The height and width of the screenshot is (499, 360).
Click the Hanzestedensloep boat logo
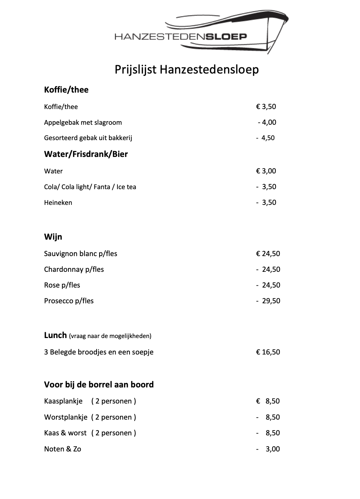click(201, 33)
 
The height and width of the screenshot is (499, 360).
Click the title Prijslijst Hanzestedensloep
click(187, 69)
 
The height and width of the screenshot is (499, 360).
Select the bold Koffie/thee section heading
click(66, 90)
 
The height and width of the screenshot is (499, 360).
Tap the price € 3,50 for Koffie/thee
click(266, 106)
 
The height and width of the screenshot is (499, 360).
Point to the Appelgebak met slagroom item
click(83, 122)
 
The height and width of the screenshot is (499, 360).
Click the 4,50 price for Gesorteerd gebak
click(267, 138)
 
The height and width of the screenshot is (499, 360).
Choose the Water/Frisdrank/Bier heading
click(86, 154)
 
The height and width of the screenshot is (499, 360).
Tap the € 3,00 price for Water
click(266, 171)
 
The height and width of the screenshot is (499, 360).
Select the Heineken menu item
click(58, 202)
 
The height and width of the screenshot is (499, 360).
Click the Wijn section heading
click(53, 237)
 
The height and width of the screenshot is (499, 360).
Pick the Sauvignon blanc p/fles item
click(80, 254)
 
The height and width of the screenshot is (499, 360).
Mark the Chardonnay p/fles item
click(74, 269)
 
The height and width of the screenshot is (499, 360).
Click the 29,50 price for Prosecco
click(271, 301)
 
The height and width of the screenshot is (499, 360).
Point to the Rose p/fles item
click(62, 285)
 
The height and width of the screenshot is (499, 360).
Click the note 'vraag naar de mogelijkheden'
click(110, 336)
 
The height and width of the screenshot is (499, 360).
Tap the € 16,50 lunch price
click(268, 352)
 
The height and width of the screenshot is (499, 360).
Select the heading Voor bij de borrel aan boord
click(99, 384)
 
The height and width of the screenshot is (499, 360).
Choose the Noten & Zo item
click(63, 449)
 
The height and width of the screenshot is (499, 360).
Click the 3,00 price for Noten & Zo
click(272, 449)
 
